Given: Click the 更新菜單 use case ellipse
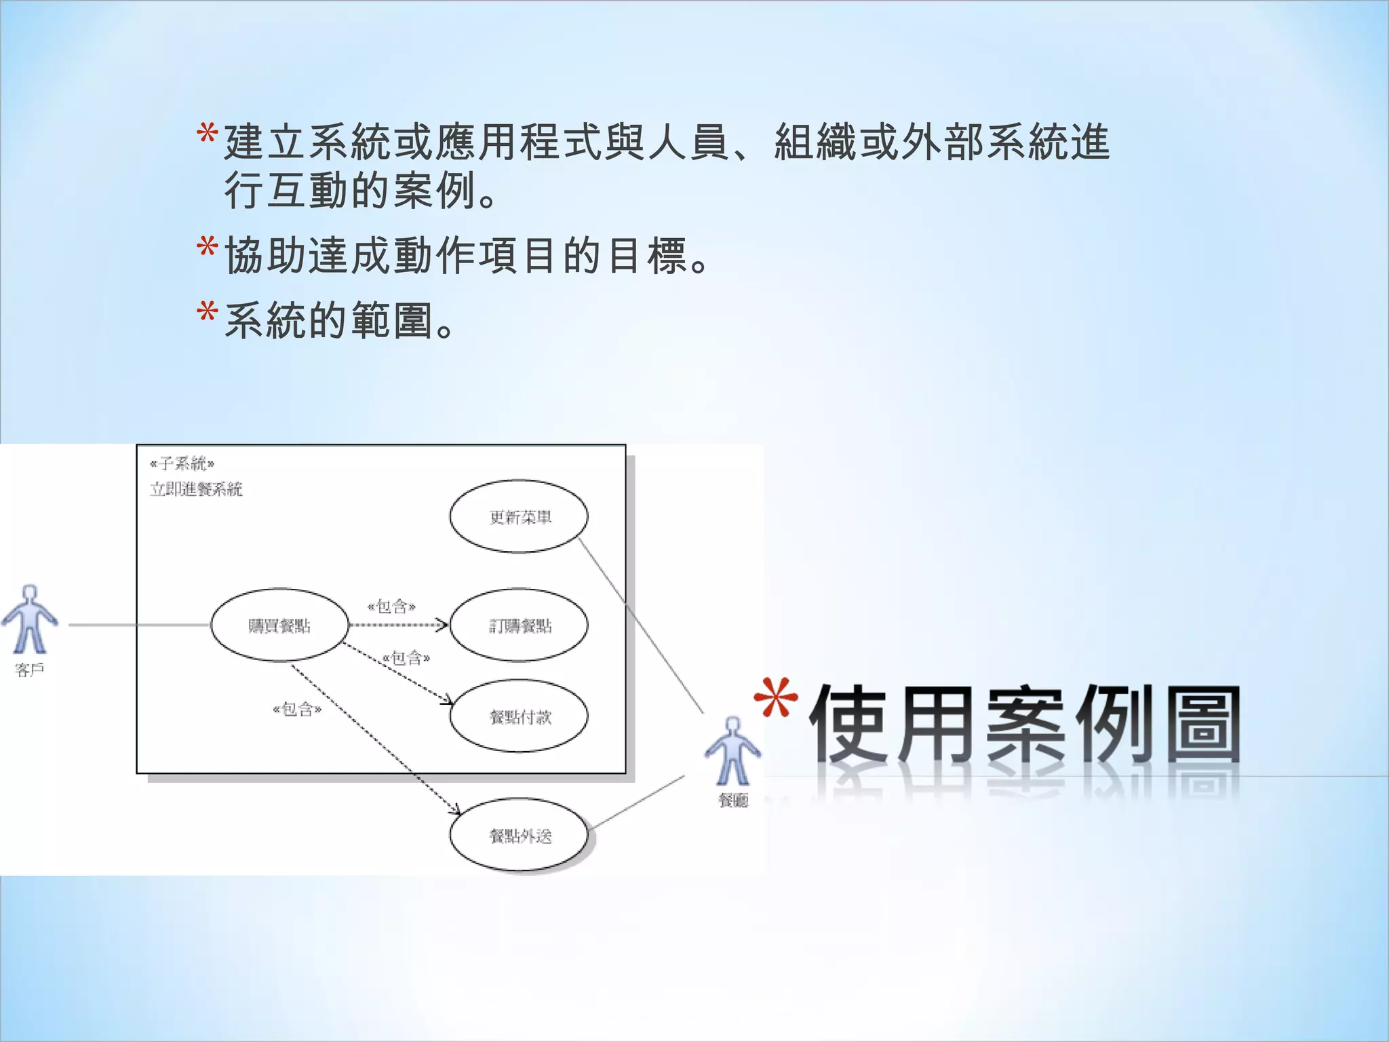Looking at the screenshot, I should pyautogui.click(x=519, y=517).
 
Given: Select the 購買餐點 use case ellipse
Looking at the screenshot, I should pyautogui.click(x=279, y=625).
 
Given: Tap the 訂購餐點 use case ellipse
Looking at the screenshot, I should pyautogui.click(x=519, y=625).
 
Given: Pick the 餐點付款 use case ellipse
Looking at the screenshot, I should pyautogui.click(x=519, y=716).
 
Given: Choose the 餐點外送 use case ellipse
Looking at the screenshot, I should pyautogui.click(x=519, y=836).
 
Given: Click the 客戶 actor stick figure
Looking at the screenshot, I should pyautogui.click(x=30, y=619).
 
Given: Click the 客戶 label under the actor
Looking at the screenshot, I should pyautogui.click(x=30, y=670).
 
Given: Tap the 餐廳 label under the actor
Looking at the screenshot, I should pyautogui.click(x=732, y=800).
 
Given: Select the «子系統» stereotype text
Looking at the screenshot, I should pyautogui.click(x=182, y=464).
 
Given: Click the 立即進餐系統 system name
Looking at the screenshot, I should pyautogui.click(x=196, y=489).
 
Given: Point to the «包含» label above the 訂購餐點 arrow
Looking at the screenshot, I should pyautogui.click(x=391, y=606).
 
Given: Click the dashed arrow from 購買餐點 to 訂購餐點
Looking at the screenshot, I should pyautogui.click(x=397, y=625).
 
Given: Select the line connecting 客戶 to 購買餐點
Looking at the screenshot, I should pyautogui.click(x=139, y=625).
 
